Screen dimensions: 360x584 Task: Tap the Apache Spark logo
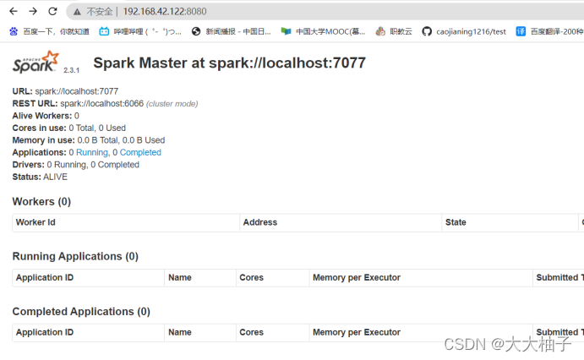pos(36,62)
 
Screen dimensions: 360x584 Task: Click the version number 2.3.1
pos(72,70)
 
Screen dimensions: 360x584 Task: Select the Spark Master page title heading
pos(229,63)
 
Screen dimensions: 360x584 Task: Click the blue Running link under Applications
pos(92,152)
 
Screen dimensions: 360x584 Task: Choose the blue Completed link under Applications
pos(140,152)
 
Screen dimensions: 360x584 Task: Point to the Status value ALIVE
pos(55,177)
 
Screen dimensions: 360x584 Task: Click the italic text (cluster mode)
pos(172,103)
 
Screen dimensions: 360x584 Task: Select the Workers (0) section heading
pos(41,201)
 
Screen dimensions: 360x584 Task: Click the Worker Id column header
pos(35,222)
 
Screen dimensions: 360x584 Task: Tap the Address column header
pos(259,222)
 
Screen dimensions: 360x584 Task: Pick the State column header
pos(456,222)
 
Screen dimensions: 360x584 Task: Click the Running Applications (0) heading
pos(75,256)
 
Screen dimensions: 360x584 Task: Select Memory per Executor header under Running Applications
pos(356,277)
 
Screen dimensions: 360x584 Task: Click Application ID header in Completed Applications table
pos(45,332)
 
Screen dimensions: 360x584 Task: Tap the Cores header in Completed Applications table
pos(251,332)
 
